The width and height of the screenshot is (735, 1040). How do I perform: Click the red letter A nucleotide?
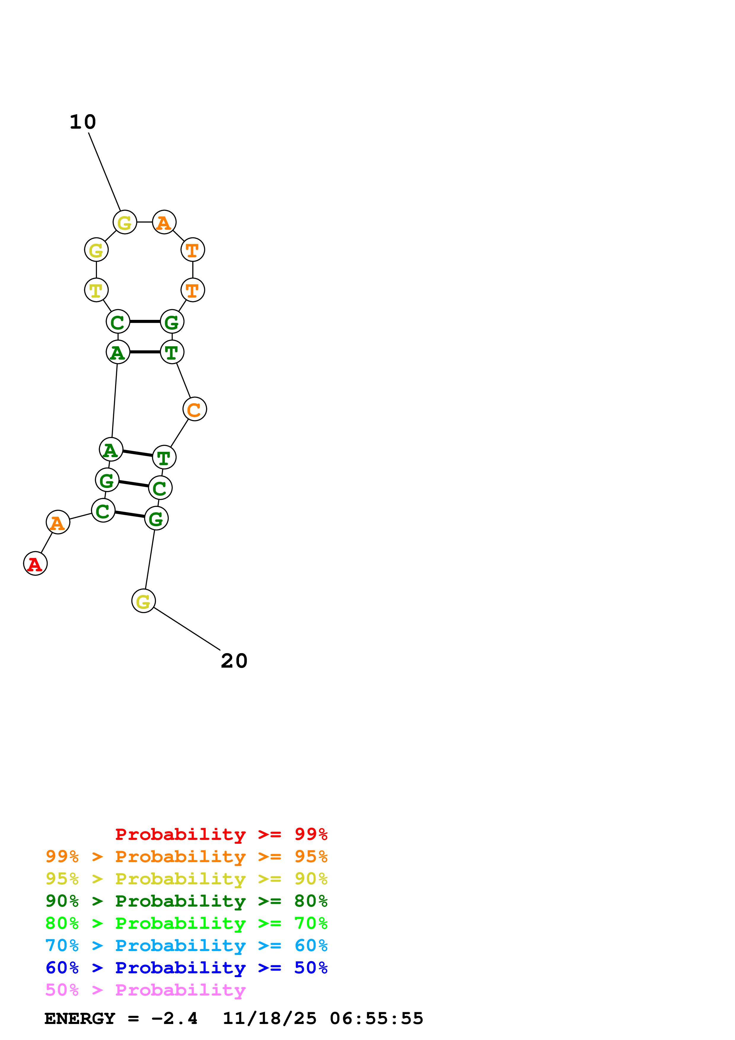[35, 564]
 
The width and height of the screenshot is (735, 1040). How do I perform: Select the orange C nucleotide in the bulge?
[194, 409]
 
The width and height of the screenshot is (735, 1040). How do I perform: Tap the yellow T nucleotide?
[96, 290]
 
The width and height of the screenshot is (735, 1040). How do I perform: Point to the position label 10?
[83, 122]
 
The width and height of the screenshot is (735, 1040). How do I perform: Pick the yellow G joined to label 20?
[143, 601]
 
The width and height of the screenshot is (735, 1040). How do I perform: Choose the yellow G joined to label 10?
[125, 222]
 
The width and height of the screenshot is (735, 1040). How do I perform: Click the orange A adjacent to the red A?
[58, 522]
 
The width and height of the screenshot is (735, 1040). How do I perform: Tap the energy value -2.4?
[174, 1019]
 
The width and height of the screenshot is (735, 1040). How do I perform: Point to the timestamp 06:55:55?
[376, 1019]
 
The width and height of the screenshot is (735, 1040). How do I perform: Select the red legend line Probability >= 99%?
[221, 834]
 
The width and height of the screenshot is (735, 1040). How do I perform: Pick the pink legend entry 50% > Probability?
[145, 990]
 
